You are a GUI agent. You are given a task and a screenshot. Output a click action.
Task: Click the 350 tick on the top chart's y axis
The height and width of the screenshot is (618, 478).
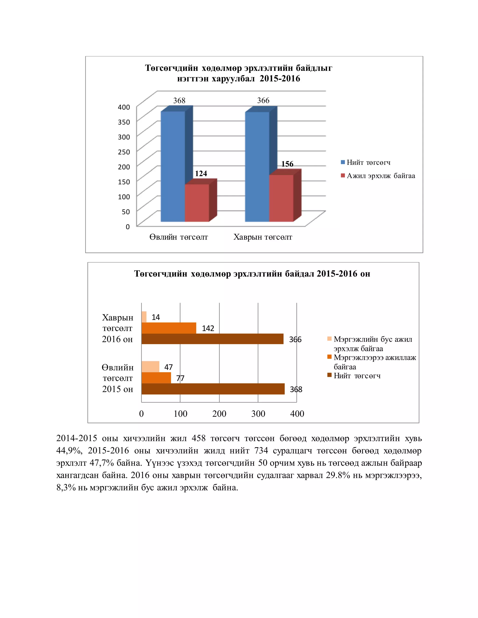pyautogui.click(x=124, y=122)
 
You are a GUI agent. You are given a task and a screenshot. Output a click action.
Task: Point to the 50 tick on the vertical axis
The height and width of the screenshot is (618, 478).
pyautogui.click(x=126, y=212)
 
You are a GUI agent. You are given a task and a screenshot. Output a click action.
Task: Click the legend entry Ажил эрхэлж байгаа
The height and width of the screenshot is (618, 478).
pyautogui.click(x=381, y=176)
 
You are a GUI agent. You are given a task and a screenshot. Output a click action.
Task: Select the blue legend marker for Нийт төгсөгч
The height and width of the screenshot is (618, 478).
pyautogui.click(x=343, y=162)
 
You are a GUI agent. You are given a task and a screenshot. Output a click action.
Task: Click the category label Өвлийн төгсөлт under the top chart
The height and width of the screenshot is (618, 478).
pyautogui.click(x=179, y=237)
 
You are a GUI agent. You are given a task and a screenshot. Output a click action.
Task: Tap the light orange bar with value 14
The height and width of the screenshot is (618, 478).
pyautogui.click(x=144, y=317)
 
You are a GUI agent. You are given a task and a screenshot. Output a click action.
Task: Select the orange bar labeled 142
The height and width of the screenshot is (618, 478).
pyautogui.click(x=169, y=328)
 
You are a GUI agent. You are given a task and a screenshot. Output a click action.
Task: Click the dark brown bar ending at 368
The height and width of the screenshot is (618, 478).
pyautogui.click(x=213, y=389)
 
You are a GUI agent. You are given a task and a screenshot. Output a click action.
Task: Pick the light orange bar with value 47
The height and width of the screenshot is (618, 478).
pyautogui.click(x=150, y=367)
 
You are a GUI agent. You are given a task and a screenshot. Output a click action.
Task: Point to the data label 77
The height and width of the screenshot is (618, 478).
pyautogui.click(x=180, y=378)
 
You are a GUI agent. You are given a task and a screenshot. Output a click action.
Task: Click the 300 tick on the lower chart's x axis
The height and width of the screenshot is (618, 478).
pyautogui.click(x=258, y=414)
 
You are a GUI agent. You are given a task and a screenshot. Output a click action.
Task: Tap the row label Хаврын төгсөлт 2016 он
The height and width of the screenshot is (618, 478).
pyautogui.click(x=118, y=328)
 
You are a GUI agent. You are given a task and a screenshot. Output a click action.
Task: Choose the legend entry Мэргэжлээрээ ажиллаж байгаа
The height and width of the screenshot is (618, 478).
pyautogui.click(x=374, y=362)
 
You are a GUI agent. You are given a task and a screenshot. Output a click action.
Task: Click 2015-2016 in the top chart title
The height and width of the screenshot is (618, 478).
pyautogui.click(x=280, y=78)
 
